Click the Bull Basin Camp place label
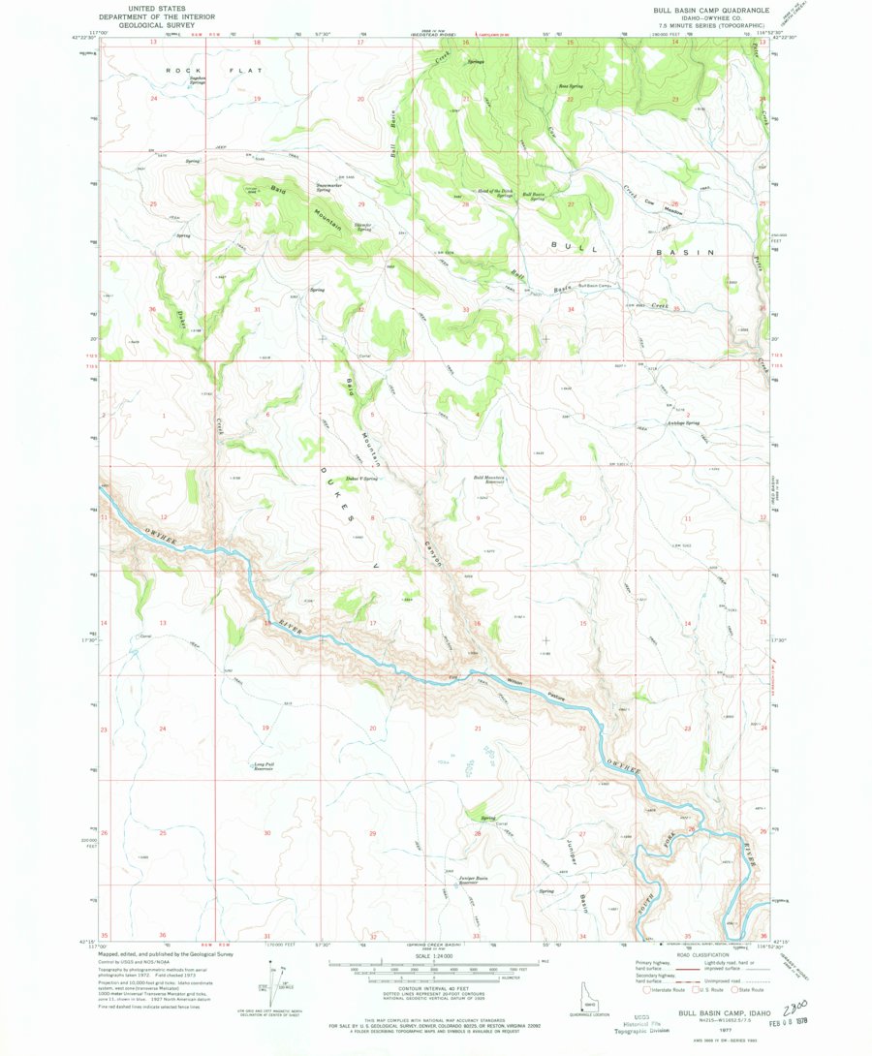pyautogui.click(x=597, y=286)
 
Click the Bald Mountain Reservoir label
pyautogui.click(x=489, y=480)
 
